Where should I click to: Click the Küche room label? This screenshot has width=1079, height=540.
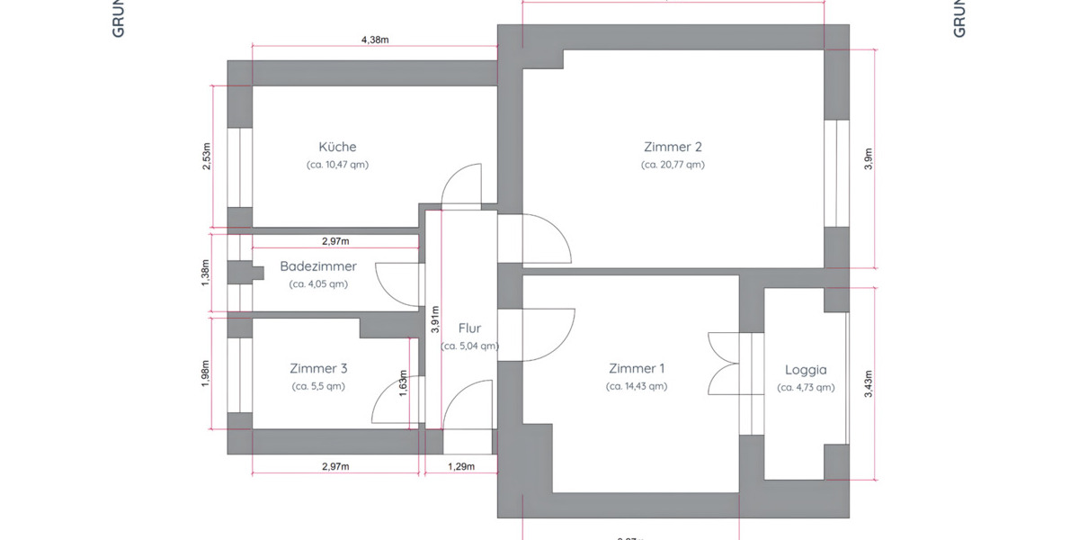click(x=337, y=147)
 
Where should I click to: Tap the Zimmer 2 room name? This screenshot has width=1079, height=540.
click(x=673, y=147)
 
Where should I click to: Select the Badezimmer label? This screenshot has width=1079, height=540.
click(x=317, y=266)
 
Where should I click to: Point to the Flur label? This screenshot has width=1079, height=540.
click(x=469, y=328)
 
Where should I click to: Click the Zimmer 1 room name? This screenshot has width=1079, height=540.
click(x=637, y=368)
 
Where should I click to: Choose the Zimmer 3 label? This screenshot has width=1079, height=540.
click(x=318, y=368)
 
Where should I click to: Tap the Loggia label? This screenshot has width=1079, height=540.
click(x=806, y=369)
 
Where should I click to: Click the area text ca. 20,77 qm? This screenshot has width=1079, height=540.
click(x=673, y=165)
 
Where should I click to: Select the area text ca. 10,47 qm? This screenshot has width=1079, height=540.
click(x=337, y=165)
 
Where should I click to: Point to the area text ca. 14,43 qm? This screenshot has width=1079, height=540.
click(x=637, y=386)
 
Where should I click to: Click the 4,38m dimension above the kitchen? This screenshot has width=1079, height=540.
click(x=375, y=40)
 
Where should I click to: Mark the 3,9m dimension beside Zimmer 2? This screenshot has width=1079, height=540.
click(x=868, y=158)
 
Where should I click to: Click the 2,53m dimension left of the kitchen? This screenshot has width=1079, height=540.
click(x=206, y=156)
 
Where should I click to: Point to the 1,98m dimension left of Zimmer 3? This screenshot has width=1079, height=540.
click(x=206, y=372)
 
